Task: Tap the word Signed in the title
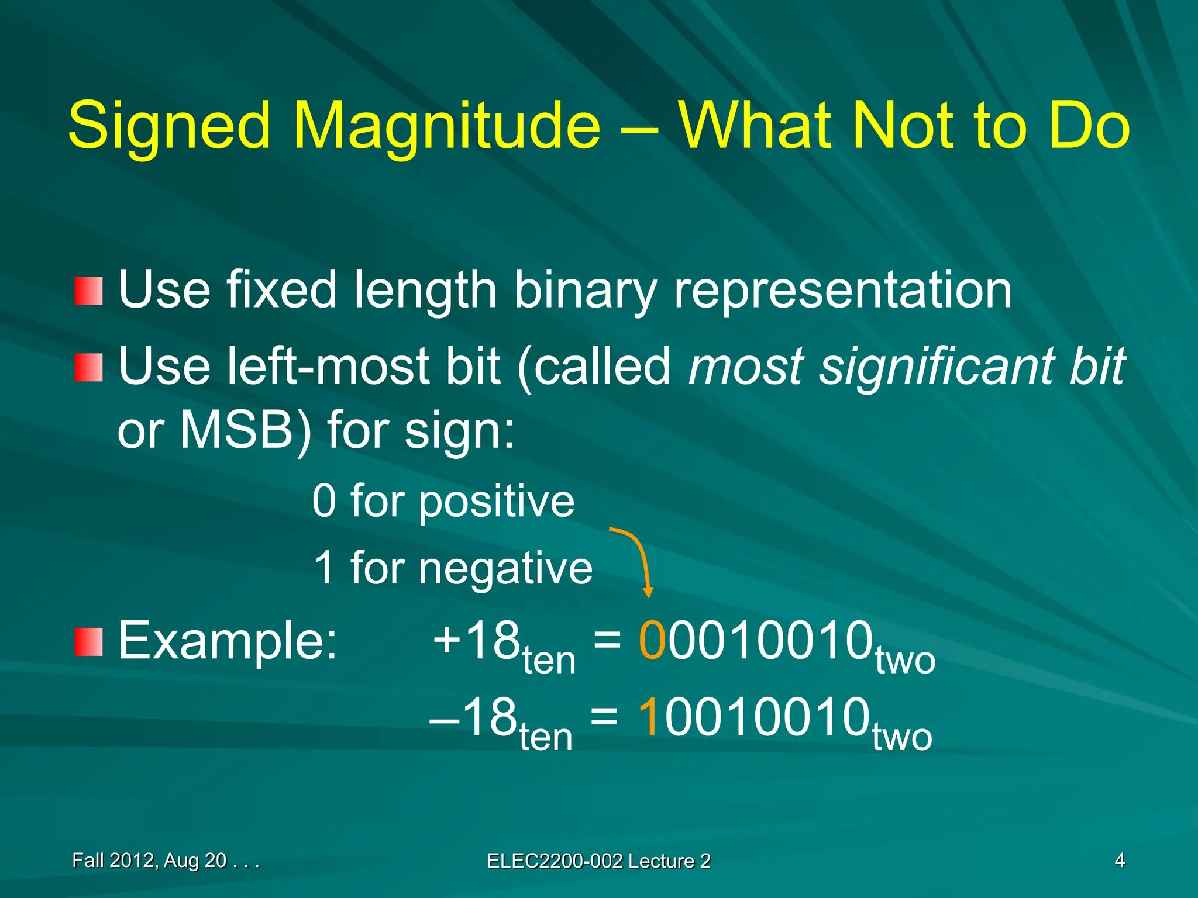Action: tap(170, 126)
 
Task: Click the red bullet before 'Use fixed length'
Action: tap(89, 291)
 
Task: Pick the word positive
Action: tap(497, 502)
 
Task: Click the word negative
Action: tap(505, 568)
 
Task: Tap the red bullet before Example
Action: tap(89, 642)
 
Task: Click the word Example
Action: tap(228, 641)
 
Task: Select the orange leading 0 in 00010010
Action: tap(652, 641)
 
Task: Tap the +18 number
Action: tap(477, 641)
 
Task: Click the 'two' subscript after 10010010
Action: tap(902, 737)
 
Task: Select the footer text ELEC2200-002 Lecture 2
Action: tap(598, 861)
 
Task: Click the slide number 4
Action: tap(1120, 860)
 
